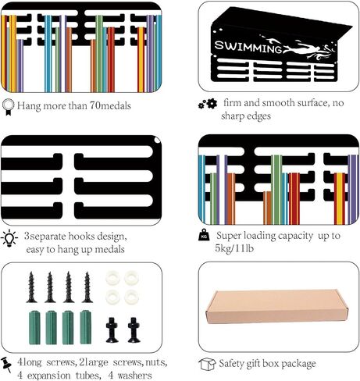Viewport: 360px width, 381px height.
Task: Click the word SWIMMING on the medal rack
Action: (248, 47)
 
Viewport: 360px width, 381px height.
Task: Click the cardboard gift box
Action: (275, 306)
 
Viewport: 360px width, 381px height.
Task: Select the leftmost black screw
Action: (31, 287)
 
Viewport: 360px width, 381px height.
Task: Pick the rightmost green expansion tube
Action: (86, 327)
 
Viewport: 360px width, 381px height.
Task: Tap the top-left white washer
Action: (112, 278)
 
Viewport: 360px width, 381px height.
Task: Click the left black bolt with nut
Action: (112, 330)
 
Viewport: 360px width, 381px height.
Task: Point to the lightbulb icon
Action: (9, 238)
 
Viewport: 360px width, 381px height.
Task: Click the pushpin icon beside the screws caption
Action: (6, 365)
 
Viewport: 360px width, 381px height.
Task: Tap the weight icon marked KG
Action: (204, 235)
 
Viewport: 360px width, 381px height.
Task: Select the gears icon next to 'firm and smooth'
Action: (208, 104)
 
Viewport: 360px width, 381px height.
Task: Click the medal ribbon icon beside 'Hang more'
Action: (8, 107)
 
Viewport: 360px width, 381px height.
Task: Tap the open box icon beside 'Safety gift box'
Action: (207, 364)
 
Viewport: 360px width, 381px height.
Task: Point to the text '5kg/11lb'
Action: (234, 248)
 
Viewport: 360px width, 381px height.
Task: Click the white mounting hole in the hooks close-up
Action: (157, 141)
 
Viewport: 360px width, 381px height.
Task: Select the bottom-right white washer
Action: (131, 297)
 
